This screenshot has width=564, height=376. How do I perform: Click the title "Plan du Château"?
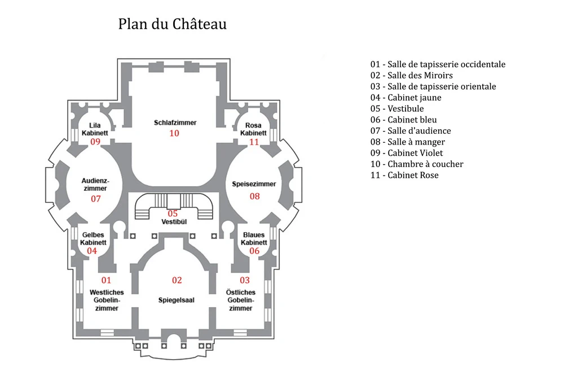[172, 24]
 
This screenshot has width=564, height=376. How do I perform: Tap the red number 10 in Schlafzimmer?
[174, 133]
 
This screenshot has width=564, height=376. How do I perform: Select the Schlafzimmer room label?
[175, 123]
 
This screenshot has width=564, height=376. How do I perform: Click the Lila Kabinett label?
[95, 129]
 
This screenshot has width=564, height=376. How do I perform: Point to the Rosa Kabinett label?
[253, 129]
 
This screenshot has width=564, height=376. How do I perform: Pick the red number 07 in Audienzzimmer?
[96, 199]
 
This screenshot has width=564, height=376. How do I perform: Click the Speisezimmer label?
[254, 184]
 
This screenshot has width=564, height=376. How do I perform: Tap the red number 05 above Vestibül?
[173, 213]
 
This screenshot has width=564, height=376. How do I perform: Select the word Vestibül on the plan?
[174, 222]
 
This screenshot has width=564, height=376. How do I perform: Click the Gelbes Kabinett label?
[93, 238]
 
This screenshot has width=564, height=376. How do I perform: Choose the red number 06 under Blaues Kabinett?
[254, 251]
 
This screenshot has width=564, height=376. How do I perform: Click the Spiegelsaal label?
[176, 300]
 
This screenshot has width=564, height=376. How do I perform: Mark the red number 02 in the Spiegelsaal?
[177, 280]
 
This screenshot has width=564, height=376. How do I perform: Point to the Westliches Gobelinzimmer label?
[107, 300]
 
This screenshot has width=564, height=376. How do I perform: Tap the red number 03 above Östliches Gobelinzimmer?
[245, 280]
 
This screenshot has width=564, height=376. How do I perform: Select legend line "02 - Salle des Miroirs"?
[412, 75]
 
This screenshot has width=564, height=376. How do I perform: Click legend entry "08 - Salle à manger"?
[408, 142]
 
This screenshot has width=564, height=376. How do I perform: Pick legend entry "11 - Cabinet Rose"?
[404, 175]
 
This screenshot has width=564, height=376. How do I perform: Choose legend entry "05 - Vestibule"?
[397, 108]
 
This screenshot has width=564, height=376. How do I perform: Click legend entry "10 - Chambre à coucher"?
[417, 164]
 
